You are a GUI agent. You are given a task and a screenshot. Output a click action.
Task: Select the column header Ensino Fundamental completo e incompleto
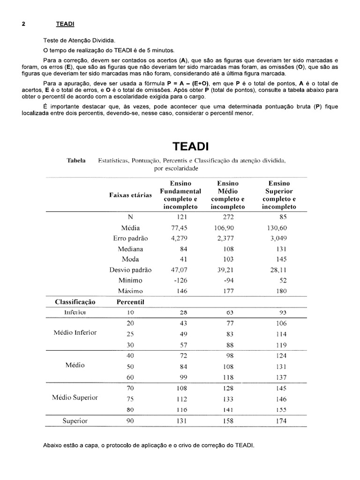[x=180, y=195]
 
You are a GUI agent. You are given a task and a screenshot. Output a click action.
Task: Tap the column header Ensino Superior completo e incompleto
[x=279, y=195]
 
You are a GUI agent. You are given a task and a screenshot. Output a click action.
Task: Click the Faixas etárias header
[x=130, y=195]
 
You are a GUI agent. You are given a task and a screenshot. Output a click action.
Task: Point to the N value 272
[x=228, y=217]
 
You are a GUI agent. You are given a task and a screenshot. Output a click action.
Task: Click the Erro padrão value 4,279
[x=179, y=238]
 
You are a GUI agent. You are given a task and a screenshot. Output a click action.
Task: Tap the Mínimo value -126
[x=180, y=280]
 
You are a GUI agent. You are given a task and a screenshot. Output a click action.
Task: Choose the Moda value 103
[x=228, y=259]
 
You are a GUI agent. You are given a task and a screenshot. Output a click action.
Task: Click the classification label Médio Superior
[x=75, y=397]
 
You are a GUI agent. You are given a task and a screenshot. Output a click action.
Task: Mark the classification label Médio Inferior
[x=75, y=332]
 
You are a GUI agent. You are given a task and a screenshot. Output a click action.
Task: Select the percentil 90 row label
[x=130, y=421]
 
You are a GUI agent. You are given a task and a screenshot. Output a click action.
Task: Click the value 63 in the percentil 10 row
[x=230, y=312]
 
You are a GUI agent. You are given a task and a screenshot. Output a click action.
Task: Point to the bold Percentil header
[x=130, y=302]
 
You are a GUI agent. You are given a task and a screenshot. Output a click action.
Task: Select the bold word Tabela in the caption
[x=76, y=160]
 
